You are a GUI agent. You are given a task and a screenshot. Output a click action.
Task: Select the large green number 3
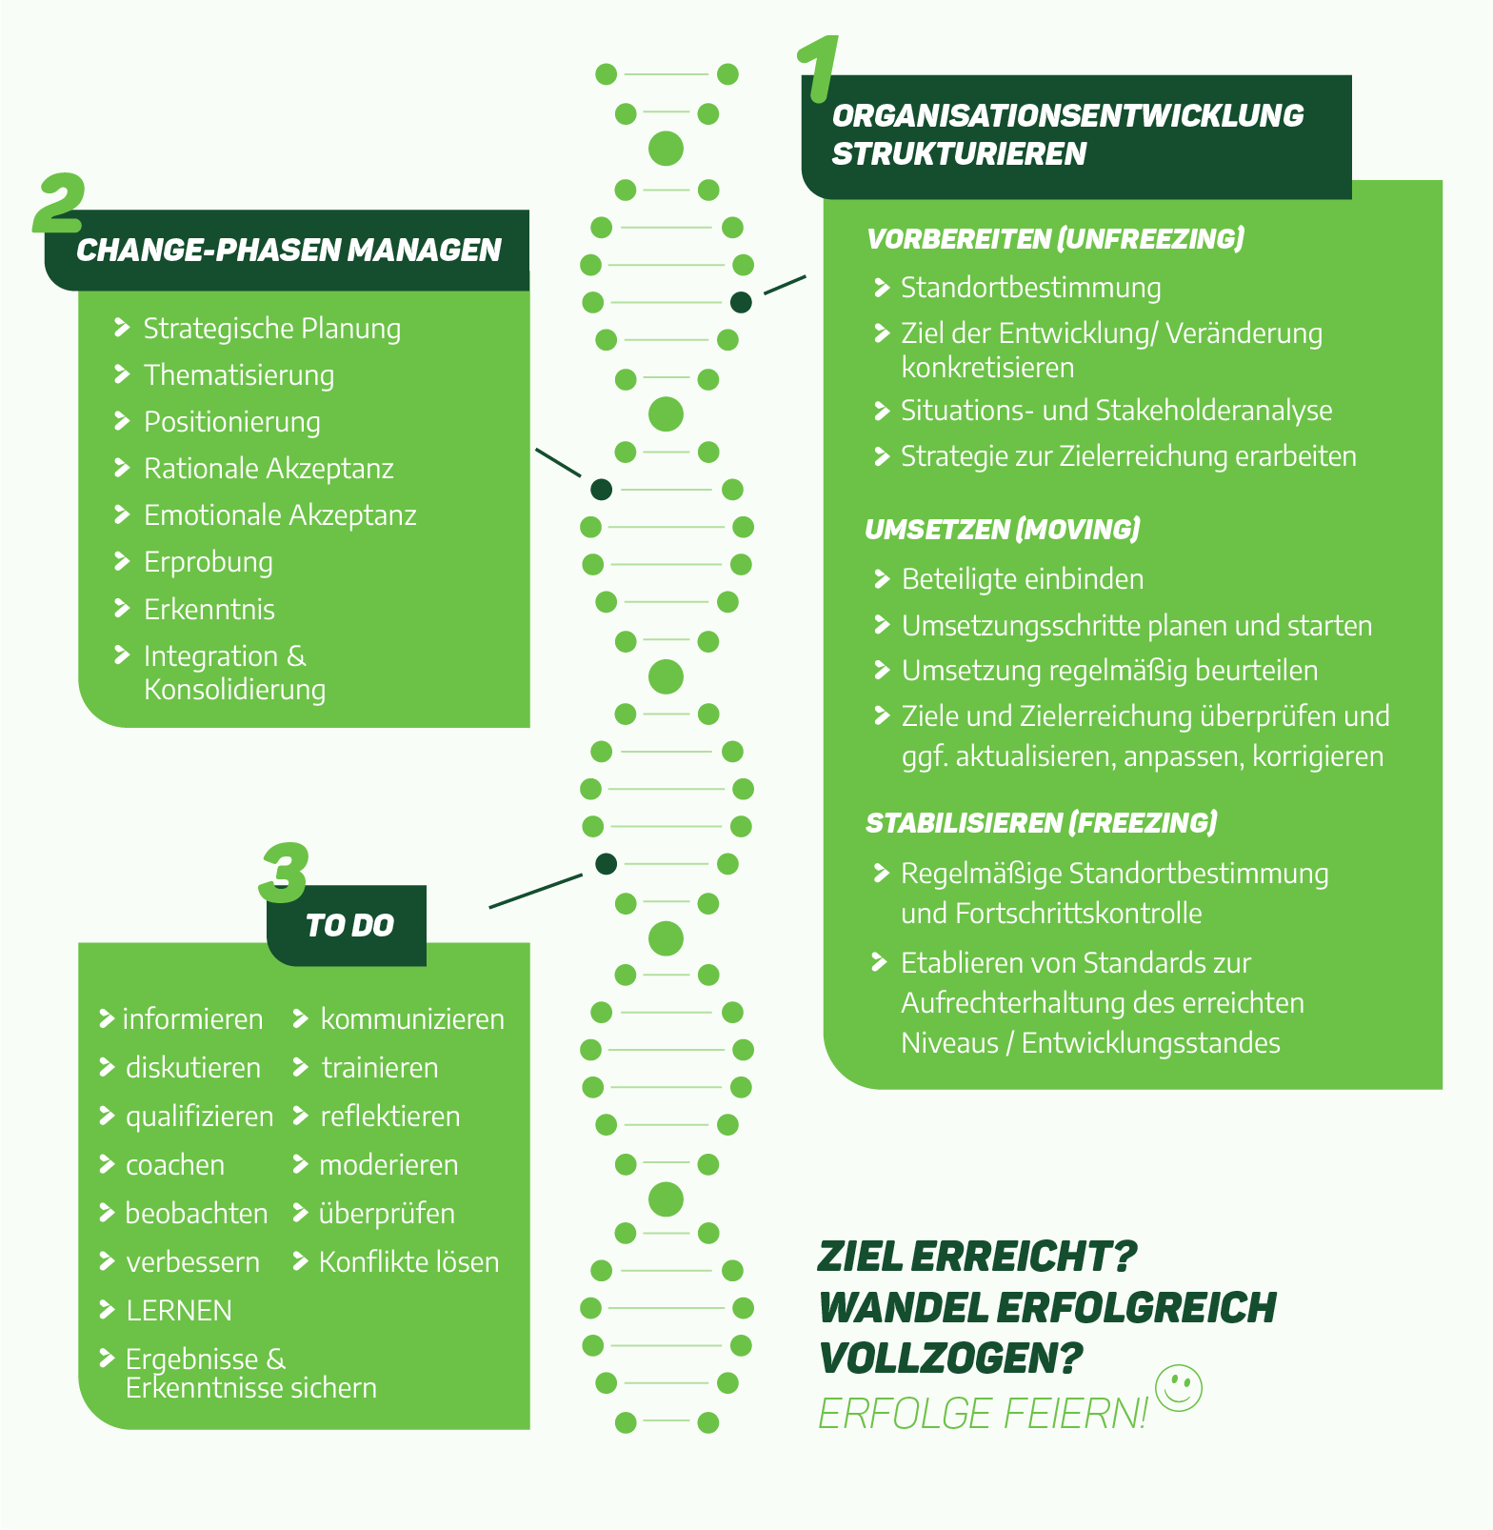point(284,873)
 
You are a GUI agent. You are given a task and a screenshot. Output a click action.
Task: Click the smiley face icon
point(1178,1387)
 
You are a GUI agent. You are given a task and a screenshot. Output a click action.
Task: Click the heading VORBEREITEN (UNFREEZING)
point(1055,238)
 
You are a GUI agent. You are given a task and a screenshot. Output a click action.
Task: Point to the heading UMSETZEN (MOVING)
point(1002,530)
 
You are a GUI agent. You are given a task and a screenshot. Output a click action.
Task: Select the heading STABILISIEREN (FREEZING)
point(1041,823)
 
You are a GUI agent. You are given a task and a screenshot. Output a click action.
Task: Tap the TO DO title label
point(349,925)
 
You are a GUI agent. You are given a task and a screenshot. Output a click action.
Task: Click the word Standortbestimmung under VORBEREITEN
point(1030,288)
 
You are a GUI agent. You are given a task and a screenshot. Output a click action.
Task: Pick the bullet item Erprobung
point(208,562)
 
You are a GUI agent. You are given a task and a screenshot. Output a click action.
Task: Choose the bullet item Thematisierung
point(238,375)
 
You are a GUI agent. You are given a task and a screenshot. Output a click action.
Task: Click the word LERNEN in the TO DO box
point(179,1311)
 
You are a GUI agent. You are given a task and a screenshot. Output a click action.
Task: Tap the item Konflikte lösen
point(408,1262)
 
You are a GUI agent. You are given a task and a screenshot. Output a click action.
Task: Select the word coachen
point(175,1165)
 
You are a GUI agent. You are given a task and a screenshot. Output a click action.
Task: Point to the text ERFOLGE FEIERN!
point(984,1414)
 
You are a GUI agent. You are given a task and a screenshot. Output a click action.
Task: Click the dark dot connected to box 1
point(741,303)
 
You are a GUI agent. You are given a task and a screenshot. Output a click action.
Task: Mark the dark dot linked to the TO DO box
point(606,864)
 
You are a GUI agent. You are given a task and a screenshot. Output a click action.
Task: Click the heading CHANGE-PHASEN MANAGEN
point(289,251)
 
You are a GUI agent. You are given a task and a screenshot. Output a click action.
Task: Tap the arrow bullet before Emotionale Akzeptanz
point(122,514)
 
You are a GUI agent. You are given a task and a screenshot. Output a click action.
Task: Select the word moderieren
point(388,1165)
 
